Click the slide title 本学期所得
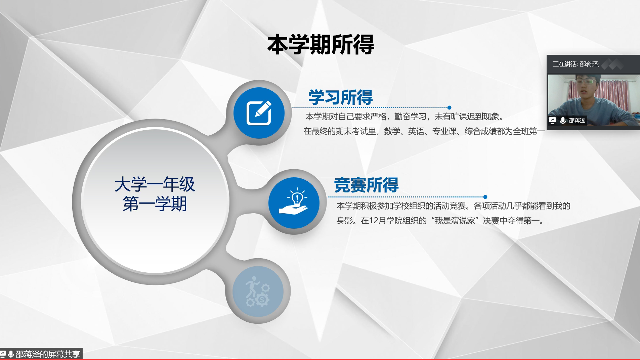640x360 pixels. pyautogui.click(x=321, y=44)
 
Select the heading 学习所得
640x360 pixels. pyautogui.click(x=340, y=97)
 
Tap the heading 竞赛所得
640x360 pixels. pyautogui.click(x=366, y=185)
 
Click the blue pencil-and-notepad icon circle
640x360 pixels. pyautogui.click(x=259, y=113)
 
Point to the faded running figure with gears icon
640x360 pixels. pyautogui.click(x=258, y=291)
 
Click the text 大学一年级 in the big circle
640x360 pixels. pyautogui.click(x=155, y=184)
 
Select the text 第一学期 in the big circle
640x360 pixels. pyautogui.click(x=155, y=204)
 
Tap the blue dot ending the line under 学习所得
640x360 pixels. pyautogui.click(x=449, y=107)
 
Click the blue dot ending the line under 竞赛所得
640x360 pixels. pyautogui.click(x=485, y=197)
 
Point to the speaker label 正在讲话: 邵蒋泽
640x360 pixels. pyautogui.click(x=576, y=64)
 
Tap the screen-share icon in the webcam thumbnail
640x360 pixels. pyautogui.click(x=552, y=120)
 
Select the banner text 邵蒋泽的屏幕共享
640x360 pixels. pyautogui.click(x=48, y=354)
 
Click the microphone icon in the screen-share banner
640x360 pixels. pyautogui.click(x=11, y=354)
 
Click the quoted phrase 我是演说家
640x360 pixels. pyautogui.click(x=455, y=221)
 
